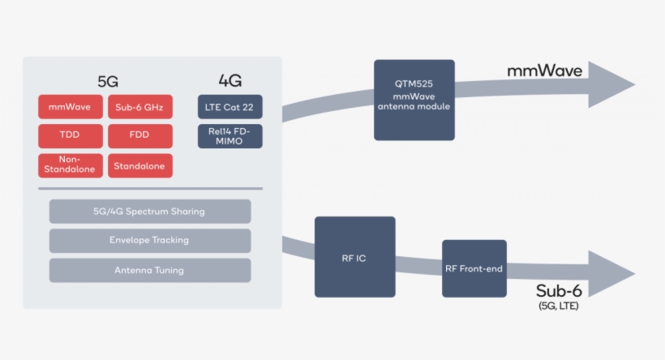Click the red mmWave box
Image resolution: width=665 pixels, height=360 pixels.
(x=71, y=107)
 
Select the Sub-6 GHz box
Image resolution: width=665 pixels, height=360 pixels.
(x=139, y=107)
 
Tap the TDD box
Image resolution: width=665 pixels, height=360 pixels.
(x=71, y=135)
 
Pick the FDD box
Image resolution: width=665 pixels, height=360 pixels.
(x=139, y=135)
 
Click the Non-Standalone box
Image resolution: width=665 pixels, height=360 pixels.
(x=71, y=165)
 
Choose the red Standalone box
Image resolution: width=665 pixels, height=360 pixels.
(x=139, y=165)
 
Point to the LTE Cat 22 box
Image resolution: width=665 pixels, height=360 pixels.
(x=230, y=107)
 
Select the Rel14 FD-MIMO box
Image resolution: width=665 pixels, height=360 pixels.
(x=230, y=135)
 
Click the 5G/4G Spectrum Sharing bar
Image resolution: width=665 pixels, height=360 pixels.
(x=149, y=212)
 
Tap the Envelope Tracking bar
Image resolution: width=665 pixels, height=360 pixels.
(x=149, y=240)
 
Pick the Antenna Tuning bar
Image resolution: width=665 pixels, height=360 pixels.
(x=149, y=270)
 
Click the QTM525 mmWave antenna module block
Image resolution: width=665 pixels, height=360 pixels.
(x=414, y=100)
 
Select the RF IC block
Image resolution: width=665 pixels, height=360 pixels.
(x=354, y=256)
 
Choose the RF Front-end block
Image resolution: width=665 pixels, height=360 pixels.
(x=474, y=268)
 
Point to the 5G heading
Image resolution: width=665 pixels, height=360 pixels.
(x=109, y=81)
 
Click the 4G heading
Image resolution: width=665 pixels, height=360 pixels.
(x=230, y=80)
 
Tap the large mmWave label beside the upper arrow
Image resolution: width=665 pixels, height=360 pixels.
(x=544, y=71)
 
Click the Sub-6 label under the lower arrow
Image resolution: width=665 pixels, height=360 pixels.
(x=559, y=290)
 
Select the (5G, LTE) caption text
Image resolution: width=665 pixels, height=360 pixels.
(x=559, y=306)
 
